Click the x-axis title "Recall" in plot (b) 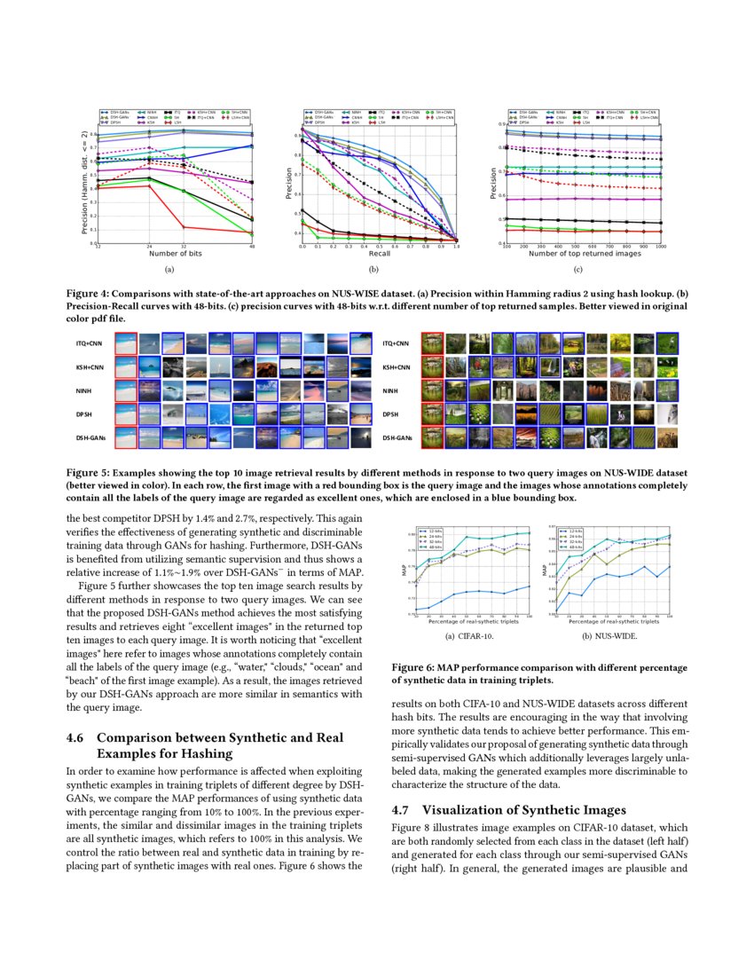(379, 253)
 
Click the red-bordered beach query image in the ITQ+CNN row (126, 343)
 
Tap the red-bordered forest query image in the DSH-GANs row (433, 437)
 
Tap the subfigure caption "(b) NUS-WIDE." (609, 637)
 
